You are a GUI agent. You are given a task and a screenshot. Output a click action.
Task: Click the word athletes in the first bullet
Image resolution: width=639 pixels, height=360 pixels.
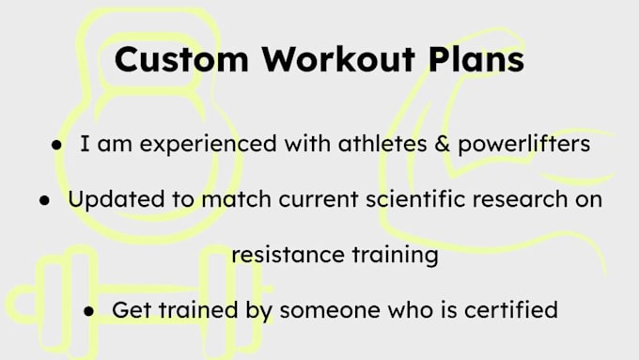click(x=344, y=148)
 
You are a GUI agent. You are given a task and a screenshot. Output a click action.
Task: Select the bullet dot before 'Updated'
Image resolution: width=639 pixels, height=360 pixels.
click(x=45, y=201)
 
